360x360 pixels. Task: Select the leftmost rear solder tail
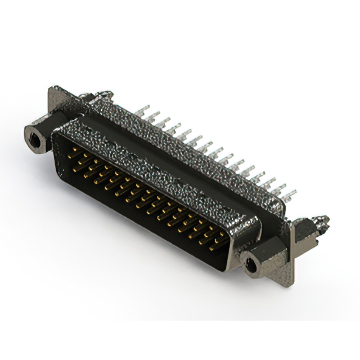[x=145, y=109]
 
